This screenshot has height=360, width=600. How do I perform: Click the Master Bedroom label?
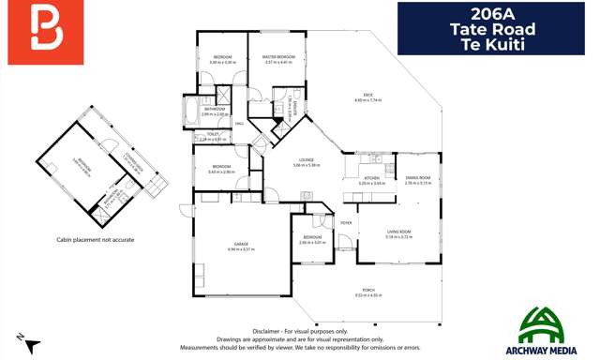[x=279, y=58]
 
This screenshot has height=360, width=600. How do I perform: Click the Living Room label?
[x=398, y=234]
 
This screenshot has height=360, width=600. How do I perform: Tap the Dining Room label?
[x=417, y=178]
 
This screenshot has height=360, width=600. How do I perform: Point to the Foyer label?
[x=346, y=222]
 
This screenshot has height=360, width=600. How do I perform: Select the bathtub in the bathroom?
[x=190, y=111]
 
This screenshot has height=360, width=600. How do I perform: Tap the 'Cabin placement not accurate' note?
[x=94, y=240]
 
